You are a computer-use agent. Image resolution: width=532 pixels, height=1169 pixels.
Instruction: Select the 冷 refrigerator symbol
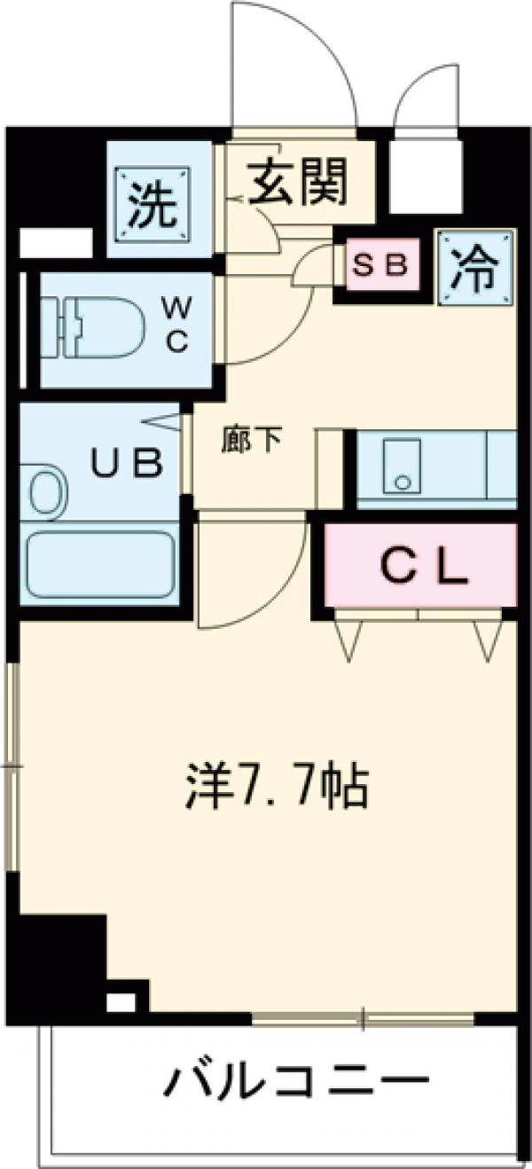476,267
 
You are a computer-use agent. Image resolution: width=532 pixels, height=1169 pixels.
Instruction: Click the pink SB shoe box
381,264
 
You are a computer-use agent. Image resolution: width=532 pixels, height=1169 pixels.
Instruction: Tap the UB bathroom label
129,462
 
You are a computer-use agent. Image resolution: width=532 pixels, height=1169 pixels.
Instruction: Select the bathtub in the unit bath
99,565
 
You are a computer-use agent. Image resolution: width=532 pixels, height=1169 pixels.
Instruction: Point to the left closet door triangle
349,639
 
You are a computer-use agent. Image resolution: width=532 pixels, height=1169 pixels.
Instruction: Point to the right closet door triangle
487,639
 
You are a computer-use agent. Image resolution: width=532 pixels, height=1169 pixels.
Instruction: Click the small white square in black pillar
121,1002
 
